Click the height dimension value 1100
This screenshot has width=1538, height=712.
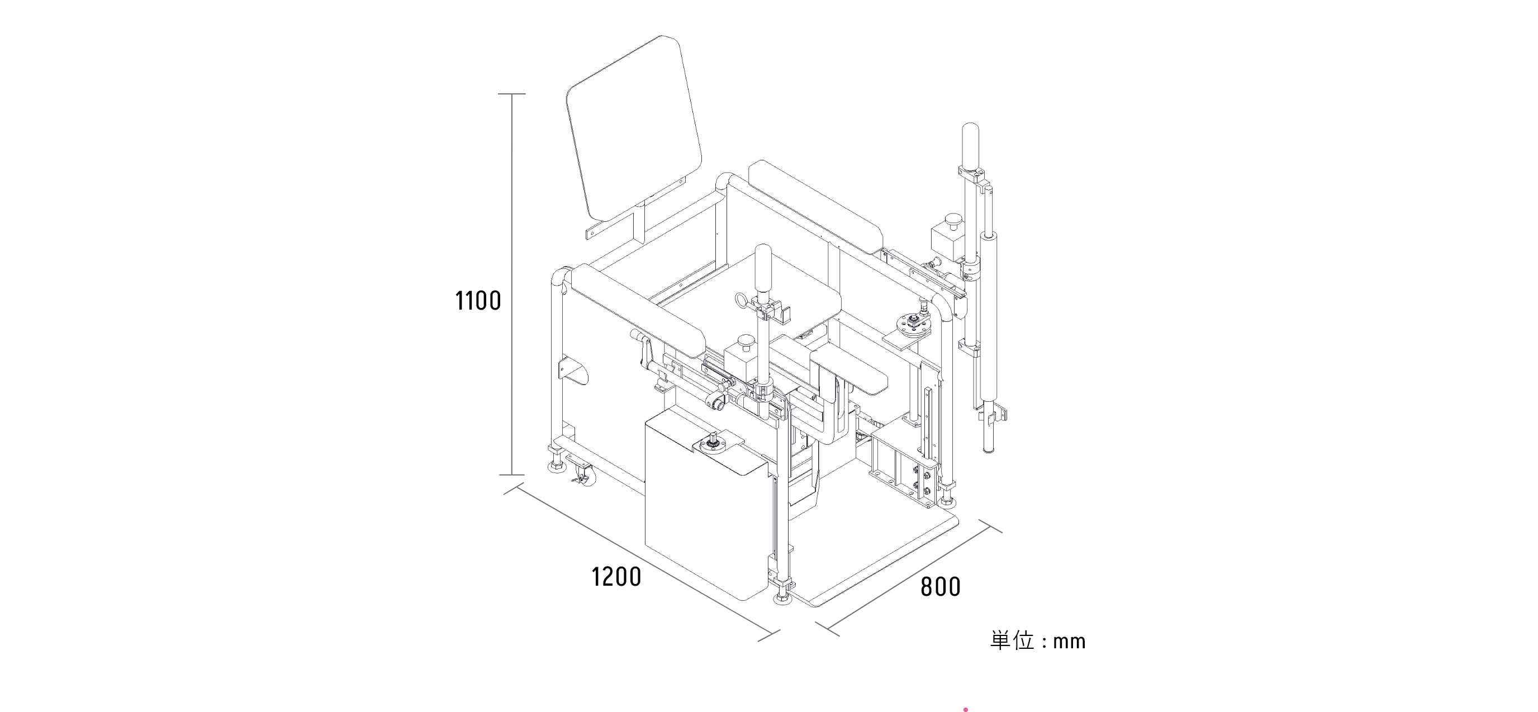[x=478, y=301]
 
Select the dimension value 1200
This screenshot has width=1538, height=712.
[x=616, y=577]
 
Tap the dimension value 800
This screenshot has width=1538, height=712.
[x=941, y=587]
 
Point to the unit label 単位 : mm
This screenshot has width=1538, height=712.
[x=1038, y=641]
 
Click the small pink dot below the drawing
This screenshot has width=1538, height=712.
[x=965, y=709]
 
